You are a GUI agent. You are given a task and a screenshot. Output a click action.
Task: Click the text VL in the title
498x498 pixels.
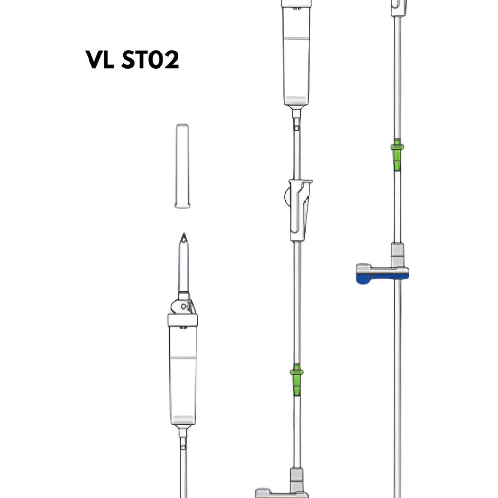click(99, 59)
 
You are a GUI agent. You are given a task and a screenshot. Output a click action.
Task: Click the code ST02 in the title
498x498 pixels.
click(150, 59)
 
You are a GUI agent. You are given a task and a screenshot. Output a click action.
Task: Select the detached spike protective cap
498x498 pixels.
click(182, 166)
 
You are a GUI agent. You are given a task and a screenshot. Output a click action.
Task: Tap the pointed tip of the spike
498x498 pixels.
click(184, 234)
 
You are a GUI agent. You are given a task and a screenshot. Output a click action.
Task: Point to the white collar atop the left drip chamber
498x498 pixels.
click(183, 320)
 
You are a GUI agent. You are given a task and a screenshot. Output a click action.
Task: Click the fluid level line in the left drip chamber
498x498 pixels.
click(183, 358)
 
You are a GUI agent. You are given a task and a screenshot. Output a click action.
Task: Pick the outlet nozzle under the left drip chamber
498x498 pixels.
click(183, 432)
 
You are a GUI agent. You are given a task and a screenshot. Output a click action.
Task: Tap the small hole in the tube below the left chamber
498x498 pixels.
click(183, 447)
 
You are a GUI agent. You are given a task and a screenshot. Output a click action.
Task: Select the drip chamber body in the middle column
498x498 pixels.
click(296, 55)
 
